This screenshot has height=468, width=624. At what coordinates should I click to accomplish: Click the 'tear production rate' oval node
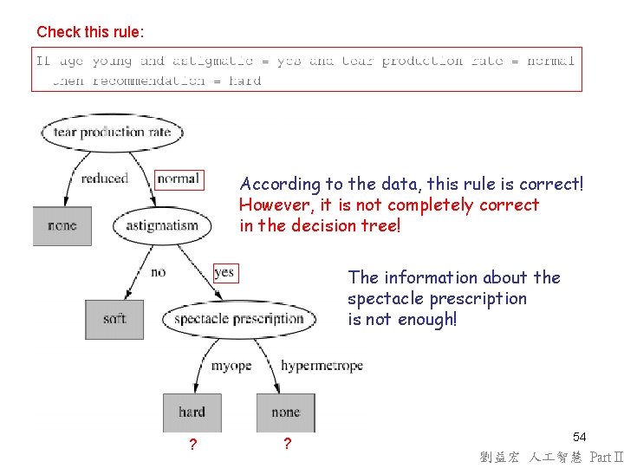tap(112, 133)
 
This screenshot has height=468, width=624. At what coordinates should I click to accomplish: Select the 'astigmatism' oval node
tap(162, 226)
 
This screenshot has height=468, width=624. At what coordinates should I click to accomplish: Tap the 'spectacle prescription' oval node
tap(238, 318)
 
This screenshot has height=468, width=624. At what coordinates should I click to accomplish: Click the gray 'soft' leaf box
tap(114, 319)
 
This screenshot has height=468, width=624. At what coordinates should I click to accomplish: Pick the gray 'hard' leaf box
tap(192, 413)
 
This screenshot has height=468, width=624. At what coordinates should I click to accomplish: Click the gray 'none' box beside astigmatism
tap(62, 226)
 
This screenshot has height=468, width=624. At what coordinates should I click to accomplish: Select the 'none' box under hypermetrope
tap(285, 413)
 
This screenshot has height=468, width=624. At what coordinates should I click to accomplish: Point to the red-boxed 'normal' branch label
tap(179, 179)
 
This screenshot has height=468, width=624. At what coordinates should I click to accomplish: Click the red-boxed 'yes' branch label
tap(224, 272)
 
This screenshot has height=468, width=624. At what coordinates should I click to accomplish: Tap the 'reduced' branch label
tap(104, 179)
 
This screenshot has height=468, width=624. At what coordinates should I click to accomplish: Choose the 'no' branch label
tap(158, 272)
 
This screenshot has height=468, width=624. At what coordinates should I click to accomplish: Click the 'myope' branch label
tap(231, 366)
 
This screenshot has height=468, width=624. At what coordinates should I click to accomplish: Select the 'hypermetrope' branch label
tap(322, 366)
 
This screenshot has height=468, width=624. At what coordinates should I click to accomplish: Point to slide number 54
tap(580, 438)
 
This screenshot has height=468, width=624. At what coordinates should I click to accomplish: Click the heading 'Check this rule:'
tap(90, 32)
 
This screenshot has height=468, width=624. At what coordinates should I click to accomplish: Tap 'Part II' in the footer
tap(606, 457)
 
